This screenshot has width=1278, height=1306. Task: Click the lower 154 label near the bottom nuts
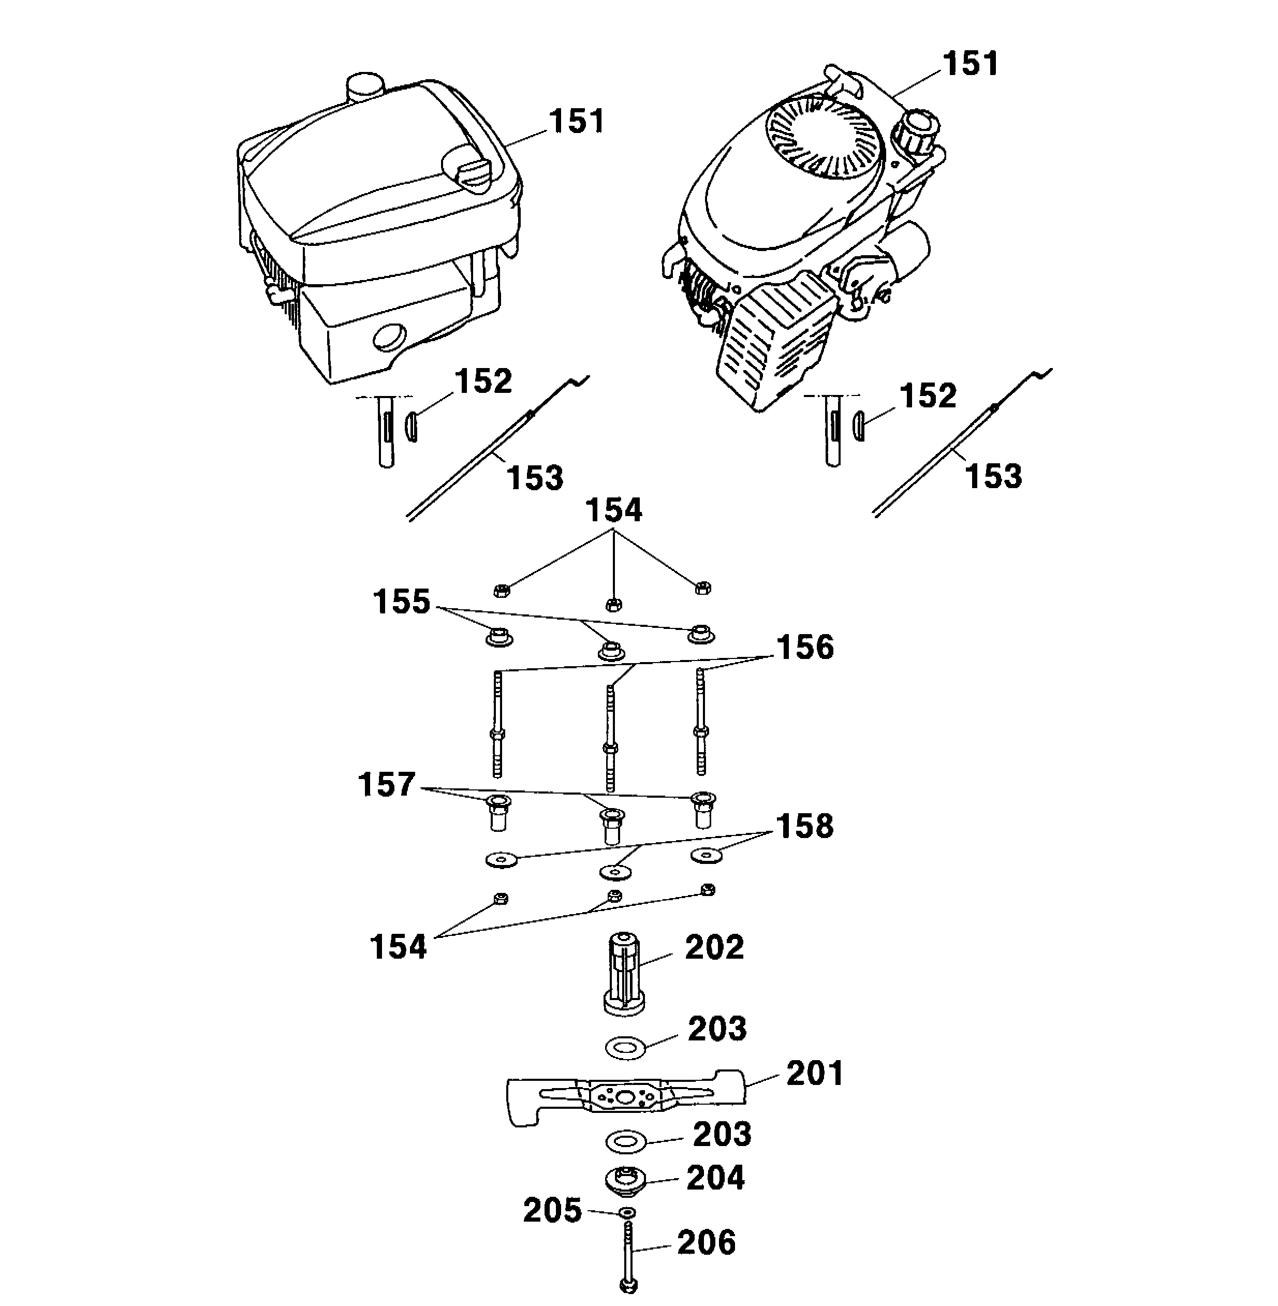398,946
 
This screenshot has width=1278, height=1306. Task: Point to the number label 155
401,601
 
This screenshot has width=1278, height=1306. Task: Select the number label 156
805,647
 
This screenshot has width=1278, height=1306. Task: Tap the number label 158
805,826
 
